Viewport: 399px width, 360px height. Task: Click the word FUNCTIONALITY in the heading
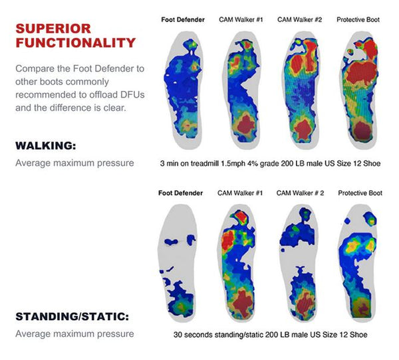tap(75, 43)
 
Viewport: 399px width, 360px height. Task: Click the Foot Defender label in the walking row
tap(183, 19)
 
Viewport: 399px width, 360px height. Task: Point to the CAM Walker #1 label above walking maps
tap(241, 19)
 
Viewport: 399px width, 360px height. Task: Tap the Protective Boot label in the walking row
tap(358, 19)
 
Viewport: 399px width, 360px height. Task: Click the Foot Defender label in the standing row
tap(180, 193)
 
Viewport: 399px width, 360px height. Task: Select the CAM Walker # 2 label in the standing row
tap(300, 193)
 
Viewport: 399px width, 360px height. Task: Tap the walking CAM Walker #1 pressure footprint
tap(243, 90)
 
